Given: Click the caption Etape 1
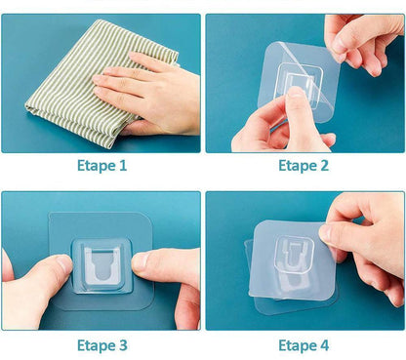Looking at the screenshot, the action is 101,166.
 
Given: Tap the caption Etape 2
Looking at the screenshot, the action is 304,166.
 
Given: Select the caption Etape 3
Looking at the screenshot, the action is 102,345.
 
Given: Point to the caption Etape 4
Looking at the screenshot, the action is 304,345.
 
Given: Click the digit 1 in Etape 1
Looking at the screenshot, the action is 122,166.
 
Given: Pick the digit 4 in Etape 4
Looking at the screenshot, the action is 324,345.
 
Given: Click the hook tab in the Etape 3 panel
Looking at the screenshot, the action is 101,264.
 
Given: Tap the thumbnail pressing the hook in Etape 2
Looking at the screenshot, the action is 296,92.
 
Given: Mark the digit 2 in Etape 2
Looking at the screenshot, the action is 324,166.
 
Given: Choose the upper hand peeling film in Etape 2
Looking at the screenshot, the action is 364,42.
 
